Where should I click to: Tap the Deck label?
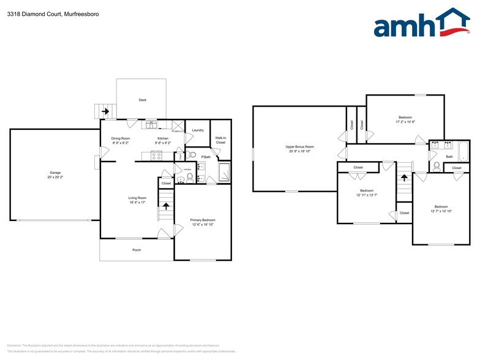point(143,100)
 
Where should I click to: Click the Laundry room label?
point(197,130)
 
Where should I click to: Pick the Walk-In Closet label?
point(220,140)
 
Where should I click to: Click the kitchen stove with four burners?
point(156,155)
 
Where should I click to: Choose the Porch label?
point(137,250)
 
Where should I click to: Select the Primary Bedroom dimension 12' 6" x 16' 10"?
point(203,225)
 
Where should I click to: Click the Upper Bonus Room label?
point(300,146)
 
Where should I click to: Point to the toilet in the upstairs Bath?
point(436,165)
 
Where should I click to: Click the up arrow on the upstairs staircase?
point(403,178)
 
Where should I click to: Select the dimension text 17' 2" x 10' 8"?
point(405,122)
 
